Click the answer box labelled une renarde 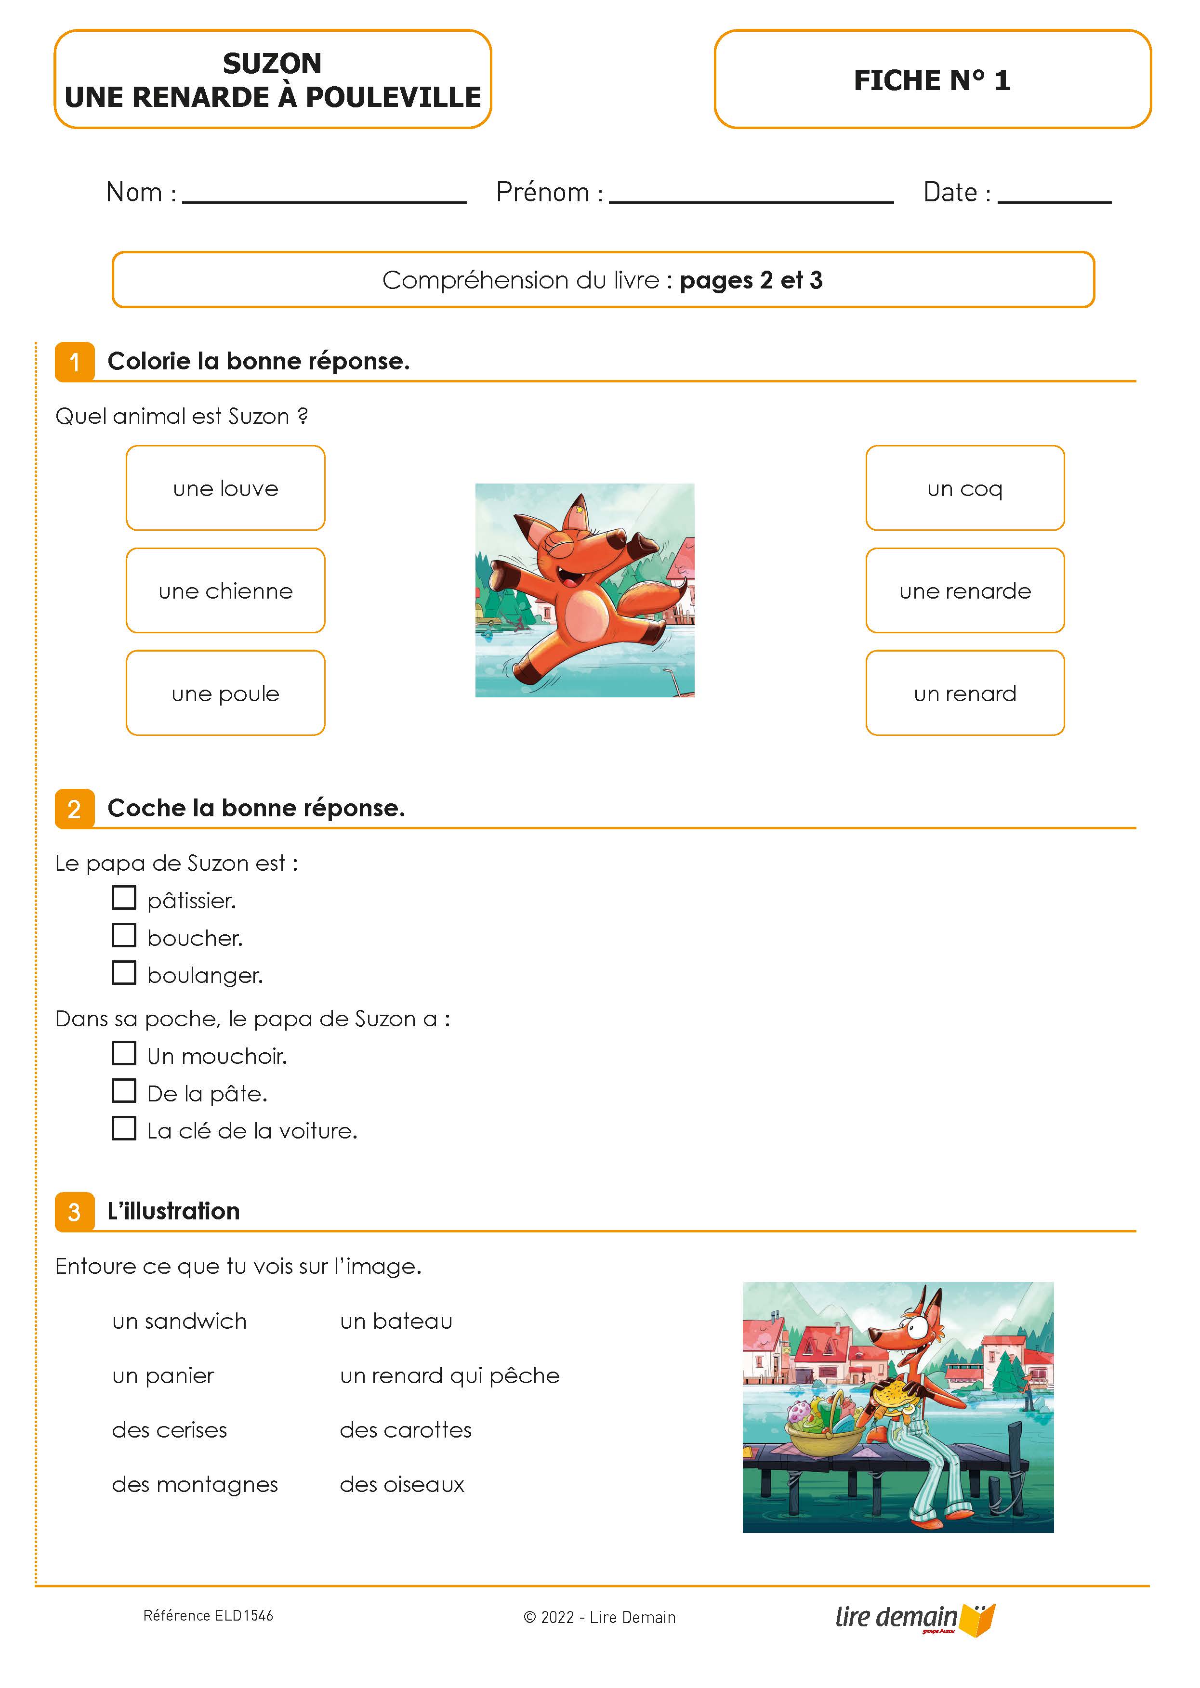[x=964, y=590]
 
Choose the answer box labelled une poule [x=225, y=693]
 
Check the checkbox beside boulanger [x=124, y=972]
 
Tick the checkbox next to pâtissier [x=124, y=898]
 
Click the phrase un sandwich [x=180, y=1321]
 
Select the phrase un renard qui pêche [x=449, y=1375]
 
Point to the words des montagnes [x=195, y=1484]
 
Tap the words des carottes [x=406, y=1430]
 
